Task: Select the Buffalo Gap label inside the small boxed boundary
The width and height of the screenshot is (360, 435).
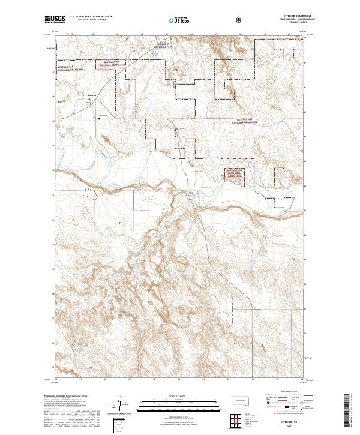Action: [235, 173]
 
